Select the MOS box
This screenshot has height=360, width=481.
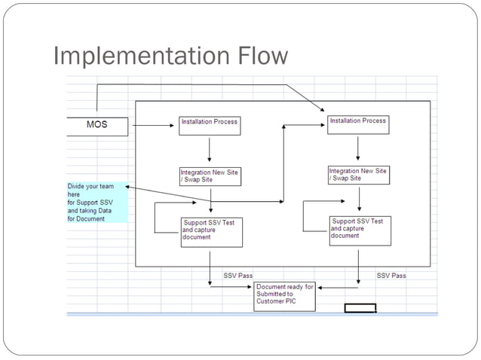97,125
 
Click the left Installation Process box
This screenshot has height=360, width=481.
210,125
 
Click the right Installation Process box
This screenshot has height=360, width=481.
358,124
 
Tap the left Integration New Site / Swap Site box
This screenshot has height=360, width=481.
210,175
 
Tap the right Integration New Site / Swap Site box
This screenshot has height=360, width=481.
358,175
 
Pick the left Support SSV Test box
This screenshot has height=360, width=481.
212,231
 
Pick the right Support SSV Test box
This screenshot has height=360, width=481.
360,230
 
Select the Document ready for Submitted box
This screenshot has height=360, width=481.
285,297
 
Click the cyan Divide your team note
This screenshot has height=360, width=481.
97,202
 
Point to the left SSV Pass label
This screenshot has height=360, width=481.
238,276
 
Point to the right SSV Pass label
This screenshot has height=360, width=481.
391,276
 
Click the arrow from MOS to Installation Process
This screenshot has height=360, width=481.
153,126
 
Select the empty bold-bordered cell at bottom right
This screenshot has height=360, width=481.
360,307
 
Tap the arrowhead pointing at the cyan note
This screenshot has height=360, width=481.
130,186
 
